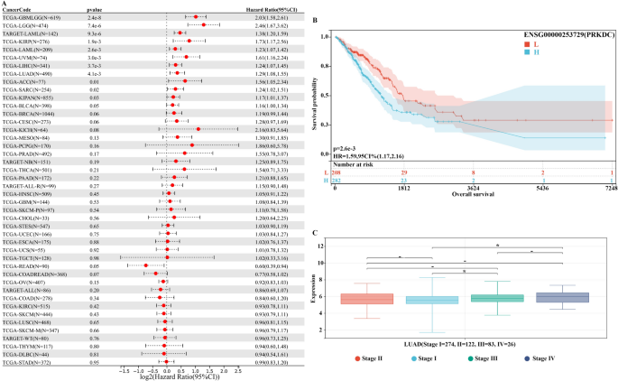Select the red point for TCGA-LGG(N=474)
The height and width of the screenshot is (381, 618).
[x=204, y=24]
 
